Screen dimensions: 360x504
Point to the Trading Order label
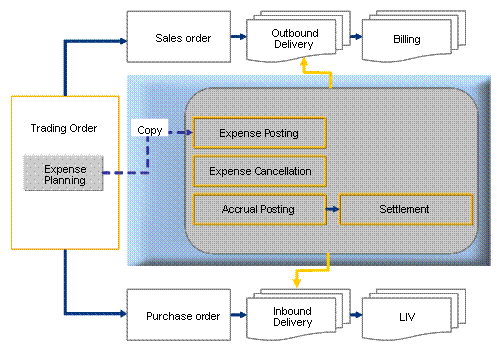[63, 128]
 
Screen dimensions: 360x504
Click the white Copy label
[150, 131]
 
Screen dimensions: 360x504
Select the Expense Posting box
[258, 132]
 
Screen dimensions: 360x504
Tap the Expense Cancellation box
[258, 171]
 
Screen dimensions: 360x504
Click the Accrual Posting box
[258, 209]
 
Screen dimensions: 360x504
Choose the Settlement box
[405, 209]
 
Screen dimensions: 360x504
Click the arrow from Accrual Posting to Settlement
[332, 209]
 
